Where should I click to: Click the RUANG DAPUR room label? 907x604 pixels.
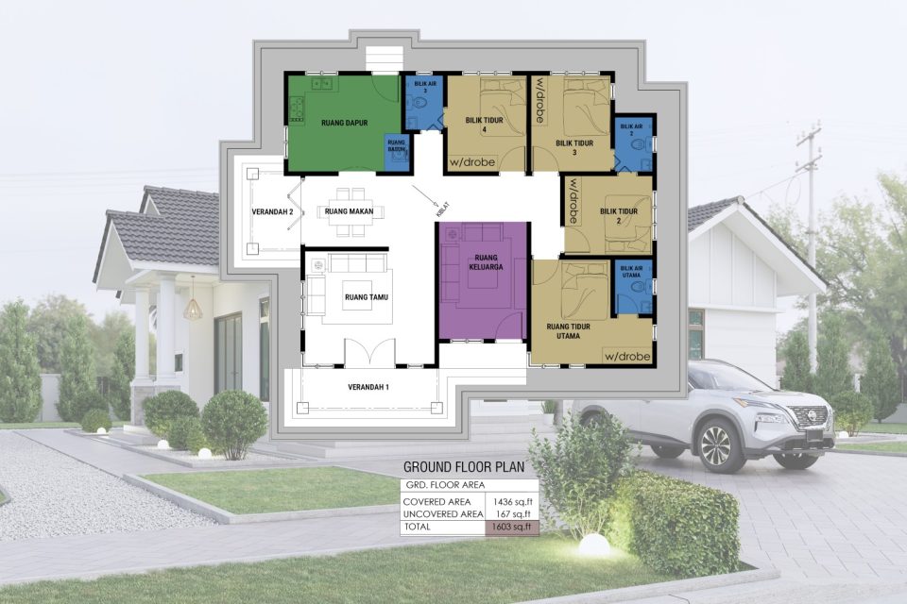click(343, 123)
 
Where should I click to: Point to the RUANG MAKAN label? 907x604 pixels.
click(348, 211)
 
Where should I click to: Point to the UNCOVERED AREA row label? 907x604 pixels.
click(441, 514)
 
